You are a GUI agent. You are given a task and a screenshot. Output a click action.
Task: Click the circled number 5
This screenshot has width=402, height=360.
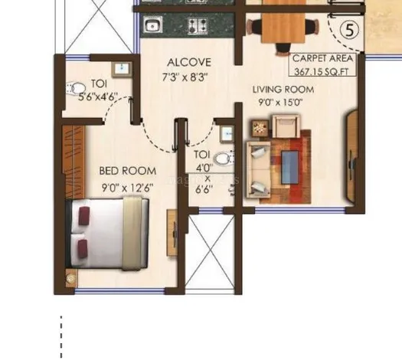click(350, 30)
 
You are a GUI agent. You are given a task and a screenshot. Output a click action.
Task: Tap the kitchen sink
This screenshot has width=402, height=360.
click(153, 25)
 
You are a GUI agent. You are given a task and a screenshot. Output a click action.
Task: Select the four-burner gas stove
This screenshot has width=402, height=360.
click(198, 25)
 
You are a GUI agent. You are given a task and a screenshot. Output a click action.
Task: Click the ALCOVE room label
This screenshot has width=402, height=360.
click(189, 62)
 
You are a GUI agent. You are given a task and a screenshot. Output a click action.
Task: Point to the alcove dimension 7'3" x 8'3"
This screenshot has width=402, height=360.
click(185, 77)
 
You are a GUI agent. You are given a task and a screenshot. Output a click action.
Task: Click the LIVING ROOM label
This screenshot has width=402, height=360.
click(283, 90)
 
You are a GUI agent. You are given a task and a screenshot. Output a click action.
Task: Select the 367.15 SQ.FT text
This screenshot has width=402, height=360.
click(322, 71)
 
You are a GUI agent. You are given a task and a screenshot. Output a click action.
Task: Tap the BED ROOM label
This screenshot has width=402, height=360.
click(128, 171)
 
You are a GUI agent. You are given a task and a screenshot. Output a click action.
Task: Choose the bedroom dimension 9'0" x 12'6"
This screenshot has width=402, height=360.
click(128, 188)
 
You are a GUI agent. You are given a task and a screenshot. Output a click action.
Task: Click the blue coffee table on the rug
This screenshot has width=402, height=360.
click(290, 167)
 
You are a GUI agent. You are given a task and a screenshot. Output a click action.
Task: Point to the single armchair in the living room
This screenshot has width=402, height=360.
click(286, 126)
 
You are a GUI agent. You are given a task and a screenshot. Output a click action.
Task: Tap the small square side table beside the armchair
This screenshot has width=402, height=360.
click(260, 129)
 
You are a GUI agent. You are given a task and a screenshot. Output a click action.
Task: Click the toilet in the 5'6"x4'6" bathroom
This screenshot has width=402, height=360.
click(76, 88)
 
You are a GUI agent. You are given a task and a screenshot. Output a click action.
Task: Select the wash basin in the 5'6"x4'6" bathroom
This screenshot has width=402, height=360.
click(122, 70)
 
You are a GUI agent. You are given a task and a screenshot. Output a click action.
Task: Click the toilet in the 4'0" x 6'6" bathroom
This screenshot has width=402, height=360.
click(225, 159)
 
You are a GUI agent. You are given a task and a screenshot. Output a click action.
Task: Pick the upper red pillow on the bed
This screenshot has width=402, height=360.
click(84, 216)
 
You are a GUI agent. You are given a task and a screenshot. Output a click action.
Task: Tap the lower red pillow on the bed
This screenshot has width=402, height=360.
click(83, 248)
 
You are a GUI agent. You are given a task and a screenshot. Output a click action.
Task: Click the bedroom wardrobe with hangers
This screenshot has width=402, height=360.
click(74, 162)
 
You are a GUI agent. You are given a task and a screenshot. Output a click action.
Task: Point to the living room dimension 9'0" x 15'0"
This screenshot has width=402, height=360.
click(280, 103)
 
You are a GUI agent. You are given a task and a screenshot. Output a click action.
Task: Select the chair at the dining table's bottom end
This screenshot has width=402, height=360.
click(283, 49)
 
